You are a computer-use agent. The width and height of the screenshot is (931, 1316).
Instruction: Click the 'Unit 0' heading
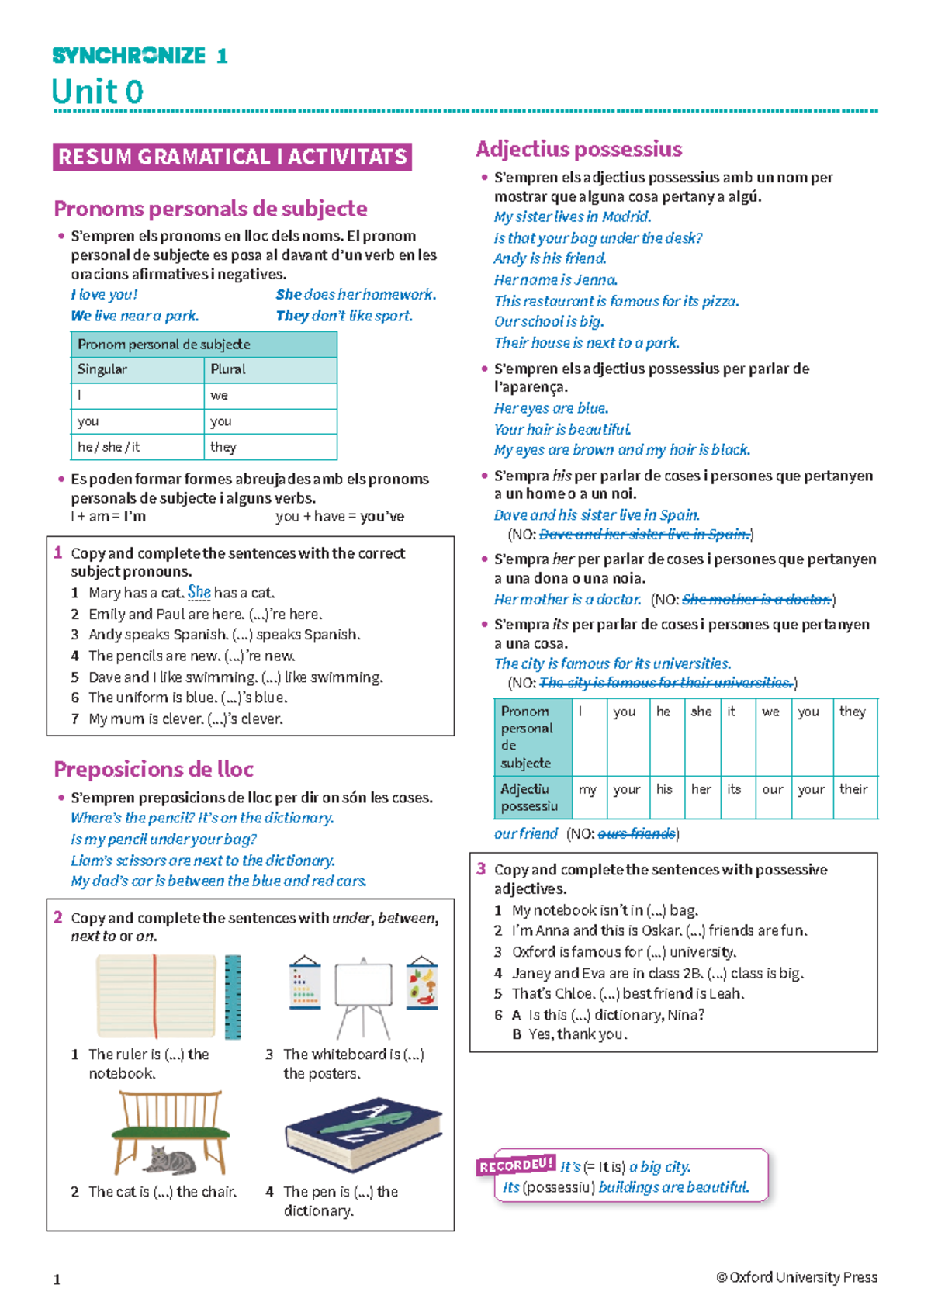click(98, 92)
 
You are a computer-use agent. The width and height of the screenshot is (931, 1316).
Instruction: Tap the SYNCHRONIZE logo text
click(129, 56)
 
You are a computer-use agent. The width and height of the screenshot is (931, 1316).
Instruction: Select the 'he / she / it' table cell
click(109, 447)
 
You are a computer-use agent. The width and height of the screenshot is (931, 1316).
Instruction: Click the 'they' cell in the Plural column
click(223, 447)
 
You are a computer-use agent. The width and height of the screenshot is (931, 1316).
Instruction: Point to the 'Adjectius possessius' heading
click(579, 149)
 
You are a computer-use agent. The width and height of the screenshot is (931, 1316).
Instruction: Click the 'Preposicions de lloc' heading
click(154, 769)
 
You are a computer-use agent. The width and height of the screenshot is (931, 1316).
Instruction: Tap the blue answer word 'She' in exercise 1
click(199, 592)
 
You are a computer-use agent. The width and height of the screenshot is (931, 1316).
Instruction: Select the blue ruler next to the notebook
click(233, 997)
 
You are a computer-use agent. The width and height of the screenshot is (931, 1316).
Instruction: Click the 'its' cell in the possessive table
click(734, 789)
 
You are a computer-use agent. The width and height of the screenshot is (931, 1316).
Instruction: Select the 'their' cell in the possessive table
click(853, 789)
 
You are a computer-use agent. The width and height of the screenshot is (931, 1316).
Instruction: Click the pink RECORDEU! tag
click(516, 1165)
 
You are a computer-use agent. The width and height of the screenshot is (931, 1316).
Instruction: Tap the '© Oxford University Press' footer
click(797, 1277)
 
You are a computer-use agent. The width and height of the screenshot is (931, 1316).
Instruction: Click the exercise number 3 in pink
click(481, 869)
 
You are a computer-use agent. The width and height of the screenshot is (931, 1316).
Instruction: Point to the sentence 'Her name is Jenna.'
click(555, 279)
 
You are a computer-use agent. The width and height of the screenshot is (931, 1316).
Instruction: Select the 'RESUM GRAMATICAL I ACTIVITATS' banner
click(232, 157)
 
